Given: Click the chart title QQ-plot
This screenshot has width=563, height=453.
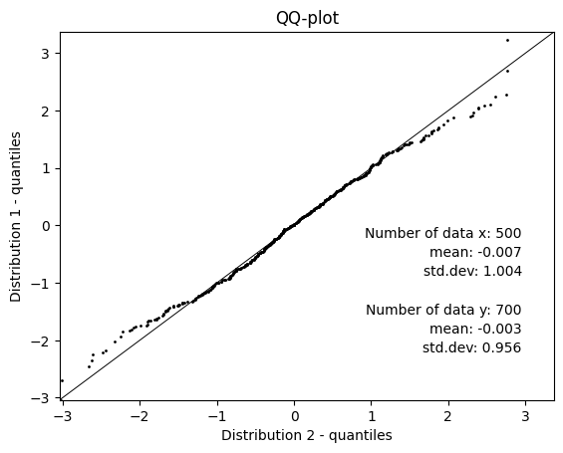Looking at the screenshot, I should [307, 17].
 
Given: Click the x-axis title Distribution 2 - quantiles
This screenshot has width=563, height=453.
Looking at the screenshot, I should [307, 435].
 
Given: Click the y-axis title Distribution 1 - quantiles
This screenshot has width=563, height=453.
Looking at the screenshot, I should [16, 215].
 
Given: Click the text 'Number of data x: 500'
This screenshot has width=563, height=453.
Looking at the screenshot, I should [442, 234].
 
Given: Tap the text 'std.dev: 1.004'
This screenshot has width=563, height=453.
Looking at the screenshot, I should [472, 271].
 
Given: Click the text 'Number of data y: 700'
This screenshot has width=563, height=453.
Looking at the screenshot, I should [442, 310].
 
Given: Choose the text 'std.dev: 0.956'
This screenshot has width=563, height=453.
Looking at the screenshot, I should [471, 347].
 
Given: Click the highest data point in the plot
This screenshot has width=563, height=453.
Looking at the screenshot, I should [507, 41].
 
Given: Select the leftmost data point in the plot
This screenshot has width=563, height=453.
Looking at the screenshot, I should [62, 380].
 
